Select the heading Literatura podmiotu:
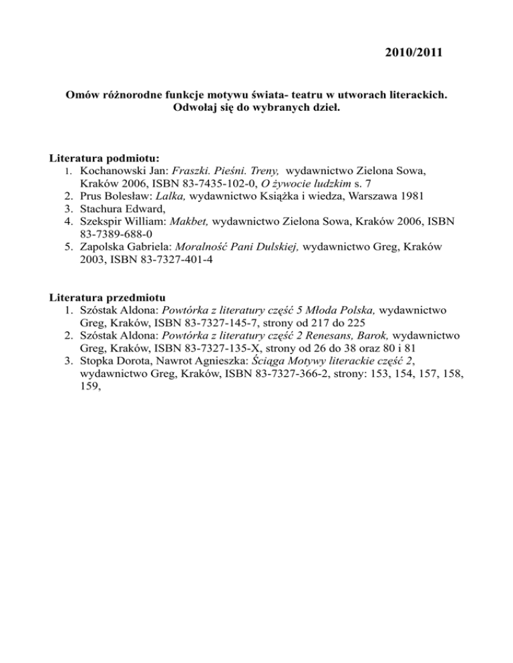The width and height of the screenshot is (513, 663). (x=105, y=159)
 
